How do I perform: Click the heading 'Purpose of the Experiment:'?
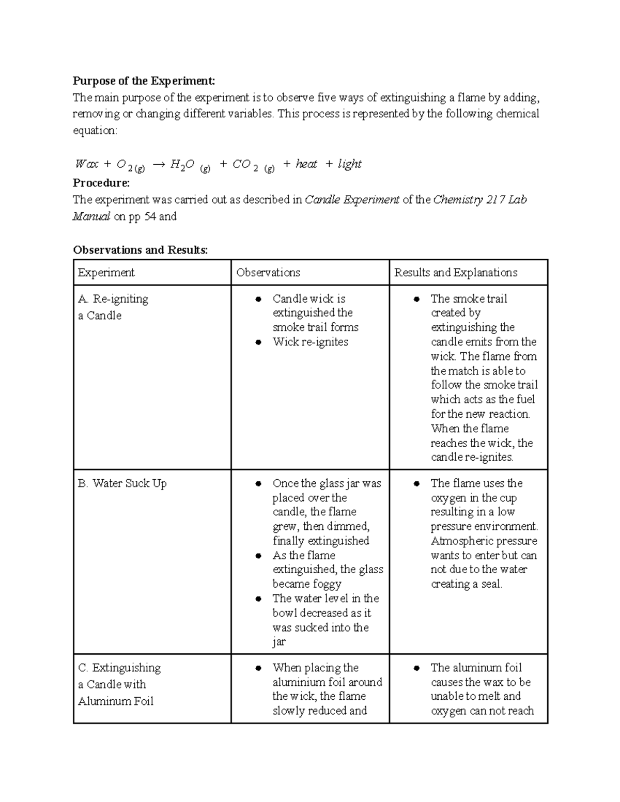143,81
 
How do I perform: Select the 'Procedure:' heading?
101,183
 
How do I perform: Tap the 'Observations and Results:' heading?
140,250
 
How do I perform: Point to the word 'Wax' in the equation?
86,164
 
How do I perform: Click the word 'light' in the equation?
349,164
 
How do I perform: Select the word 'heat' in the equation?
306,164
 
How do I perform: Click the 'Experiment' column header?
106,273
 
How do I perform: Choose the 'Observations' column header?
268,273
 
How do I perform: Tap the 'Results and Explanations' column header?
456,273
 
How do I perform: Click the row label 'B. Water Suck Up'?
122,483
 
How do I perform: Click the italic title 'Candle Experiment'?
352,200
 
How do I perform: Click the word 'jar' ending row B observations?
279,642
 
